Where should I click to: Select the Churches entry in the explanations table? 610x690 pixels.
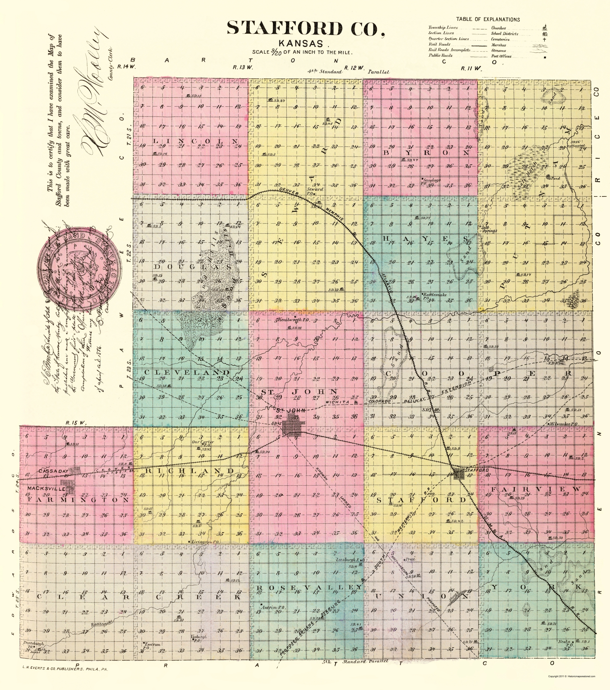(499, 28)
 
